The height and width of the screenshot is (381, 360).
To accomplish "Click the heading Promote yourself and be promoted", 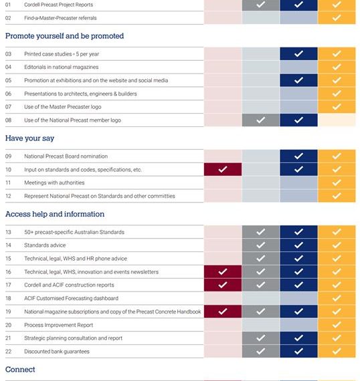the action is point(64,36).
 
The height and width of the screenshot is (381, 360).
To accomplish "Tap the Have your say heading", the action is point(29,138).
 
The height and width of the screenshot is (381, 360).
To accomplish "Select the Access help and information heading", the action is point(55,214).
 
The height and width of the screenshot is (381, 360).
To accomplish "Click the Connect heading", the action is point(20,370).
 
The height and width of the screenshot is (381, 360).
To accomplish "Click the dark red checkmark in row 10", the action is point(223,169).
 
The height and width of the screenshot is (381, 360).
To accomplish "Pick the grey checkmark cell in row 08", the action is point(261,120).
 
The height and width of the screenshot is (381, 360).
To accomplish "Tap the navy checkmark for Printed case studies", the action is point(298,53).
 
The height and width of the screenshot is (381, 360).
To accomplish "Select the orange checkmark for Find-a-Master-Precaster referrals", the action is point(337,18).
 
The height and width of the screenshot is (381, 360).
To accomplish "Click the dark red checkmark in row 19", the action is point(223,311).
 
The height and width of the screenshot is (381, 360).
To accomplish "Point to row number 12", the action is point(8,196).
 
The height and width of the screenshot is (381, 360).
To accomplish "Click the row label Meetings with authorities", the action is point(54,182).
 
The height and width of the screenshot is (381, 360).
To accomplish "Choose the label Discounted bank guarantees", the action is point(57,352).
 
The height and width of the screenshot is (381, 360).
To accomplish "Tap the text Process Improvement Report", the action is point(59,325).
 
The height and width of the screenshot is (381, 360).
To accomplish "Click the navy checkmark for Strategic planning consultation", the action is point(298,338).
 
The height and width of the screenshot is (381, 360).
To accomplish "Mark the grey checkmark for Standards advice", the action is point(261,245).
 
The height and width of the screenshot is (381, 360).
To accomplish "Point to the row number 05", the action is point(8,80).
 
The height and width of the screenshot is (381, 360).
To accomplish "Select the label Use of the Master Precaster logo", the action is point(63,107).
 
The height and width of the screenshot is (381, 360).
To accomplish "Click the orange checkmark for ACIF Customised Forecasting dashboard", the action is point(337,298).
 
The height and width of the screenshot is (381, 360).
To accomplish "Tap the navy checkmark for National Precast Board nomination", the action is point(298,156).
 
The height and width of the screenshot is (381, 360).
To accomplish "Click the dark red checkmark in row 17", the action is point(223,285).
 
